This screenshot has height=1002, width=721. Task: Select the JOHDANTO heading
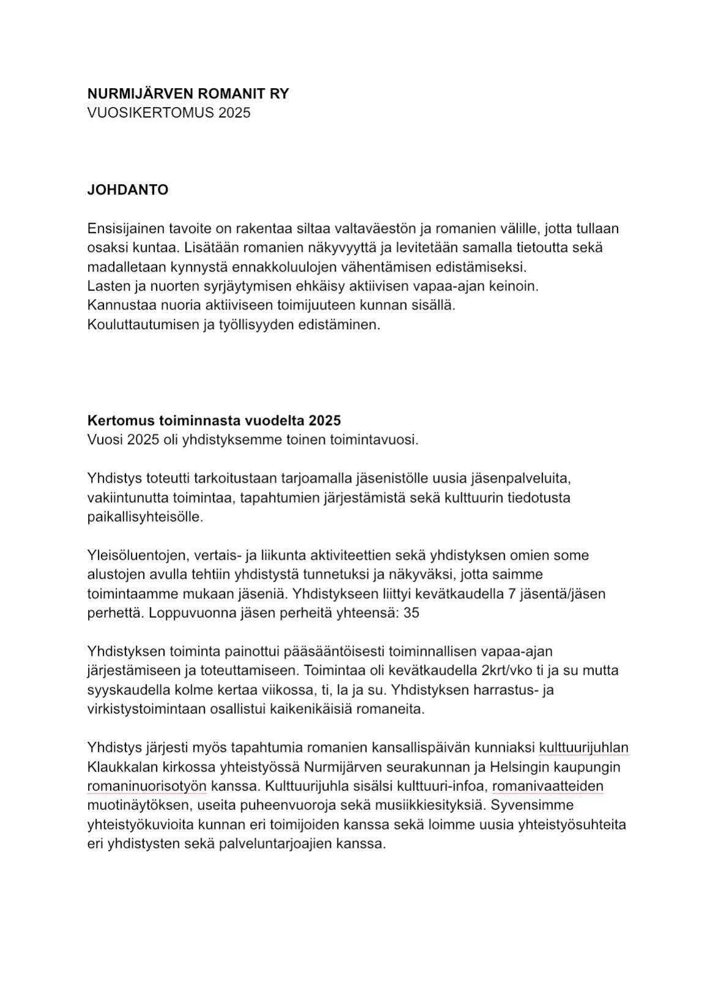point(127,190)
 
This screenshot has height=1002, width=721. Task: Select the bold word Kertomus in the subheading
point(121,421)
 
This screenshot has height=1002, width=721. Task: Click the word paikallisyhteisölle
point(144,517)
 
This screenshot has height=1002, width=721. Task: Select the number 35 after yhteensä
point(412,613)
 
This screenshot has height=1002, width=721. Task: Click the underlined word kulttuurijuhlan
point(583,748)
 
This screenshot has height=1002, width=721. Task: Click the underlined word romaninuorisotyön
point(147,786)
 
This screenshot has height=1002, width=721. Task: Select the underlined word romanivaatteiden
point(547,786)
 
